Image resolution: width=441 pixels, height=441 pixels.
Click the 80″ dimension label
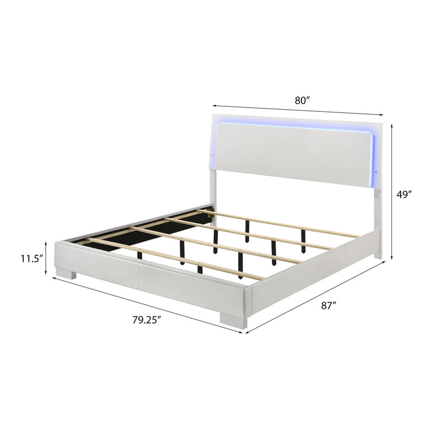pos(302,100)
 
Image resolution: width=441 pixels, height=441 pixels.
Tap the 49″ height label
pos(404,195)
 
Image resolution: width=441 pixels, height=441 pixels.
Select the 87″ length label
pos(329,305)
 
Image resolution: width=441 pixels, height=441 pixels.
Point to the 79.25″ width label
pos(147,320)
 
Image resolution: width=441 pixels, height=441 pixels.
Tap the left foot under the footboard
pos(66,273)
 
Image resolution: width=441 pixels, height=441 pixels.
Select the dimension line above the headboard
pos(298,110)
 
